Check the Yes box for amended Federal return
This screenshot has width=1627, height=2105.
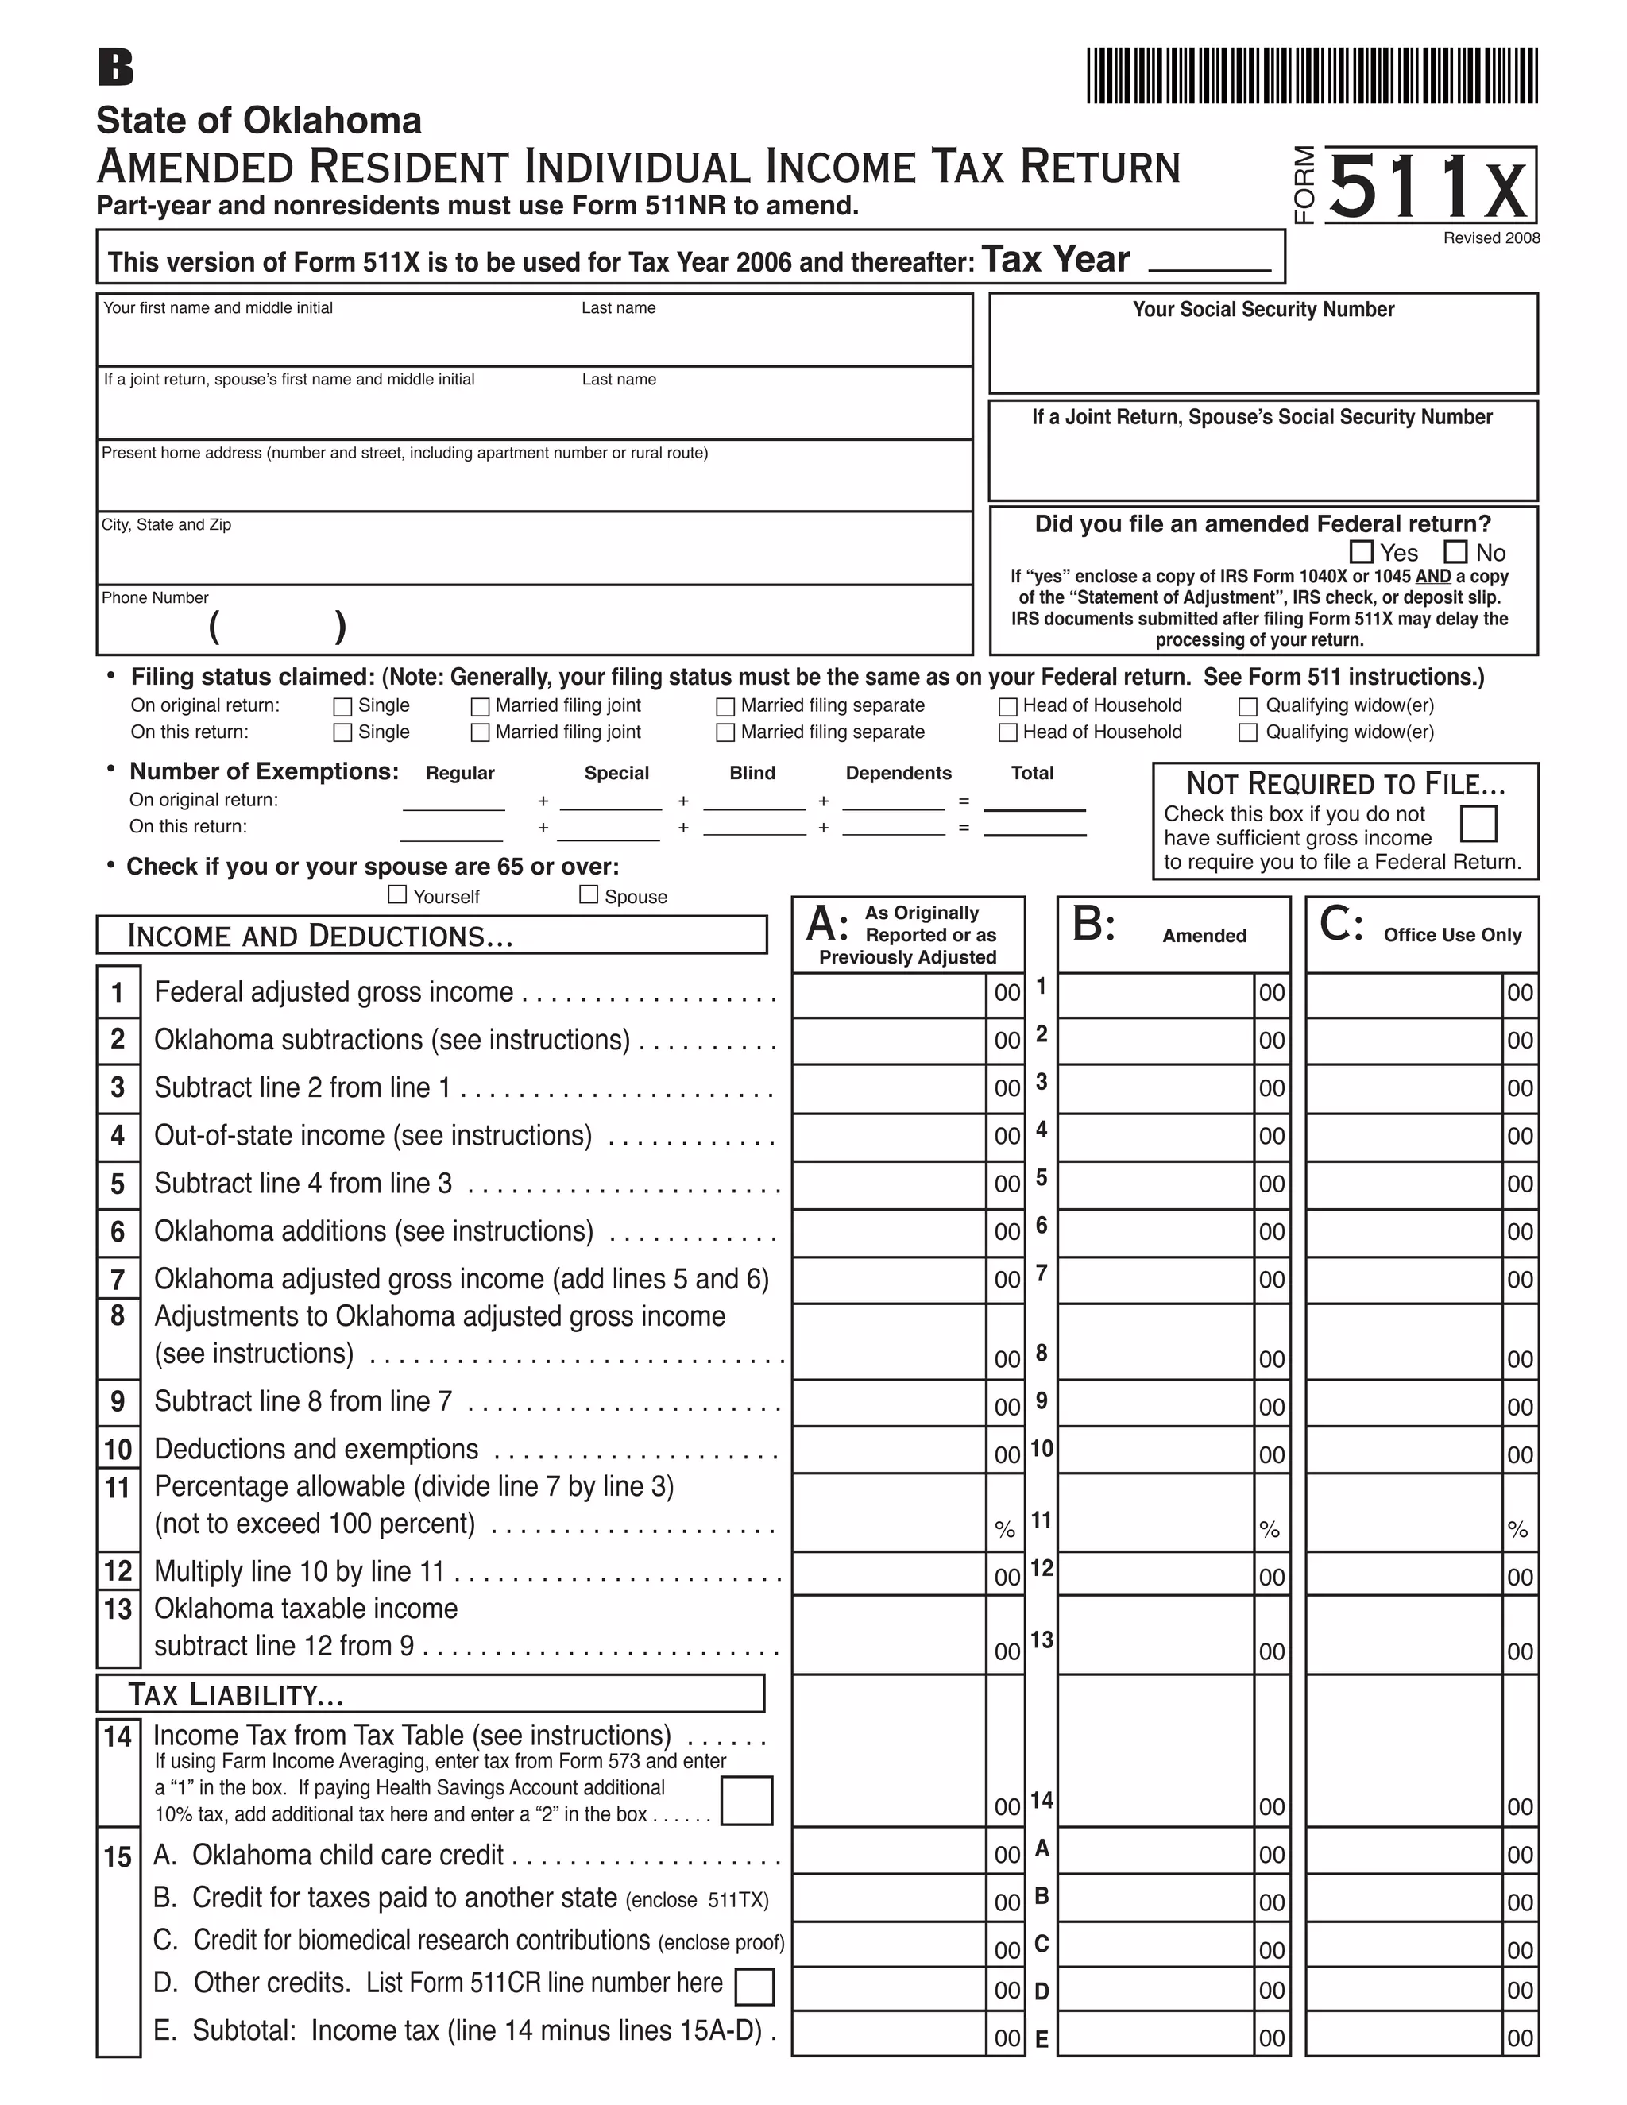click(1361, 552)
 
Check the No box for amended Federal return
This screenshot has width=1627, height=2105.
click(1455, 552)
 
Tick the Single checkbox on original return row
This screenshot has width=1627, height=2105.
click(342, 706)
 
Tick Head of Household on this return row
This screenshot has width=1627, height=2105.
click(1008, 732)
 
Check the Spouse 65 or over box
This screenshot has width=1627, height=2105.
click(589, 894)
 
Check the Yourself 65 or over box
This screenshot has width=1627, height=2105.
click(397, 894)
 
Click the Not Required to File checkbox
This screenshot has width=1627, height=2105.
click(1478, 824)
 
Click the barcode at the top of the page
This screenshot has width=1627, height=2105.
click(1312, 75)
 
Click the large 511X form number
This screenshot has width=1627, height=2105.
click(1430, 187)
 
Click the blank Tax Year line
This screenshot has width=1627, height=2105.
click(1210, 262)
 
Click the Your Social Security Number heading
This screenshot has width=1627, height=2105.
click(1262, 309)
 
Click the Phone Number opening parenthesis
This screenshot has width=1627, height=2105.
click(214, 627)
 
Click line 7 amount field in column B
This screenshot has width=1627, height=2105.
click(1154, 1280)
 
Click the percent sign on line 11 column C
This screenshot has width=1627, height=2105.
click(1518, 1530)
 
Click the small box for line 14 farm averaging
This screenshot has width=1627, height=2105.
click(747, 1801)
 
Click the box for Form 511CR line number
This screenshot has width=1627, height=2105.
click(755, 1987)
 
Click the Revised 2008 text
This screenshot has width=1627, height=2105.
click(1491, 238)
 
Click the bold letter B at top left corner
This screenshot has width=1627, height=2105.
click(116, 68)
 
